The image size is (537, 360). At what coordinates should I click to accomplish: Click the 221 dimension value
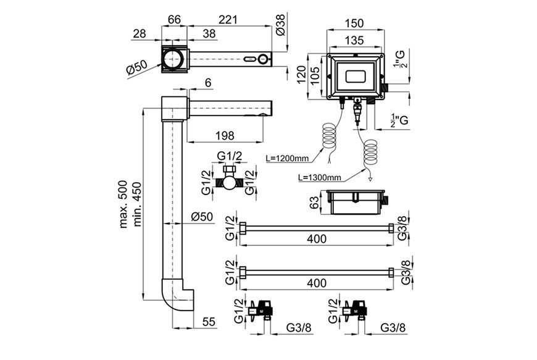228,19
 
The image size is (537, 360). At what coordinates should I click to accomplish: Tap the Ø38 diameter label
280,25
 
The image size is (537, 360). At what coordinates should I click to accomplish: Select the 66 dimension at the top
174,19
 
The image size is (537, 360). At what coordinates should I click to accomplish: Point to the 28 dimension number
139,33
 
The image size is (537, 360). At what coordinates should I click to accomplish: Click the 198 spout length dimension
225,136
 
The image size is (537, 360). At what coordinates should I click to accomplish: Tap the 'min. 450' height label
137,204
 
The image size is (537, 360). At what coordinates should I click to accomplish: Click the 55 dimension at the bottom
209,322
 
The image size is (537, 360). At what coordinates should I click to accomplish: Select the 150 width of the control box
354,23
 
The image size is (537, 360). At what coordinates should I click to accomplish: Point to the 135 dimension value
354,40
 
